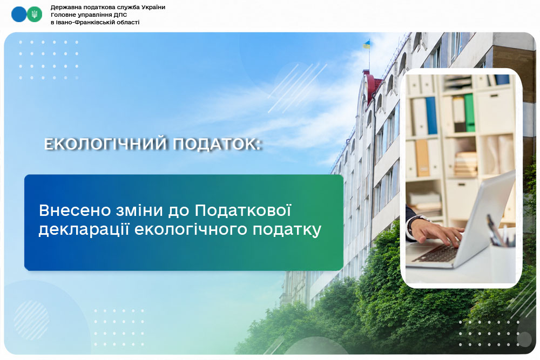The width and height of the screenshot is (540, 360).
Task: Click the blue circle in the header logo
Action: click(x=18, y=15)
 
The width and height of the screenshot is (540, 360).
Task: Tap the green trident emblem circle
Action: click(x=35, y=15)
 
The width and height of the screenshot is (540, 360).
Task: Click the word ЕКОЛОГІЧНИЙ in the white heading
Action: click(x=106, y=144)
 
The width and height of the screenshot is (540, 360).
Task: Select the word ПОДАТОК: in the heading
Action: click(x=217, y=144)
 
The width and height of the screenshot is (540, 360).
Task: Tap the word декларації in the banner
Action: click(x=84, y=229)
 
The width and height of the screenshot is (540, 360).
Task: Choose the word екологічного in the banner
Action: click(x=191, y=229)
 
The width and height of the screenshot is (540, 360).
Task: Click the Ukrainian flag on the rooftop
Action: click(x=366, y=44)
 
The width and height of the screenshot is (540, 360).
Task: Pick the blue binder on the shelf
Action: click(x=431, y=116)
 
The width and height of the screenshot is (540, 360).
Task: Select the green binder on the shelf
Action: click(x=469, y=113)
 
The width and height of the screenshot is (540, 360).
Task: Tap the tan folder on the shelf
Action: click(x=422, y=158)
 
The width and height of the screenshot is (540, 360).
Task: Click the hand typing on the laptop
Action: click(x=436, y=232)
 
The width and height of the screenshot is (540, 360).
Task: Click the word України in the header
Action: click(x=152, y=7)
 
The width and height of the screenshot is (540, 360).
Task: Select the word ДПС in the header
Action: click(x=120, y=15)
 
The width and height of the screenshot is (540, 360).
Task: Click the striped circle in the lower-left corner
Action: click(x=31, y=321)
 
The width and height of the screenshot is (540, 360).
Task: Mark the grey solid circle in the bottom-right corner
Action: click(x=524, y=339)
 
